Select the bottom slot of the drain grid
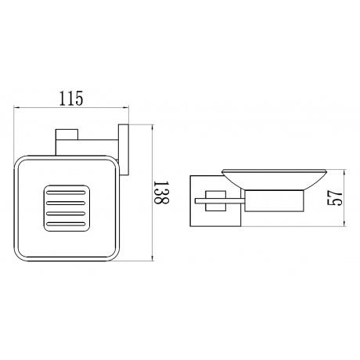point(64,225)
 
